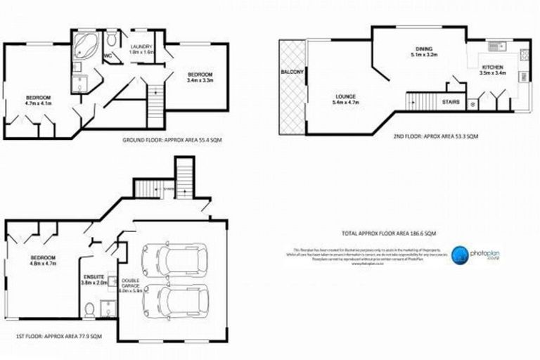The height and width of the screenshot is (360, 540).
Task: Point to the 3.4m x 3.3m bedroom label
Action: (199, 78)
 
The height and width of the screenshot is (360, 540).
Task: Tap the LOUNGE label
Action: (345, 99)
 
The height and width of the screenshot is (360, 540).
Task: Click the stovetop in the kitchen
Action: (522, 77)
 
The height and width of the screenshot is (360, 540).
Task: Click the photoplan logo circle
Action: (461, 255)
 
